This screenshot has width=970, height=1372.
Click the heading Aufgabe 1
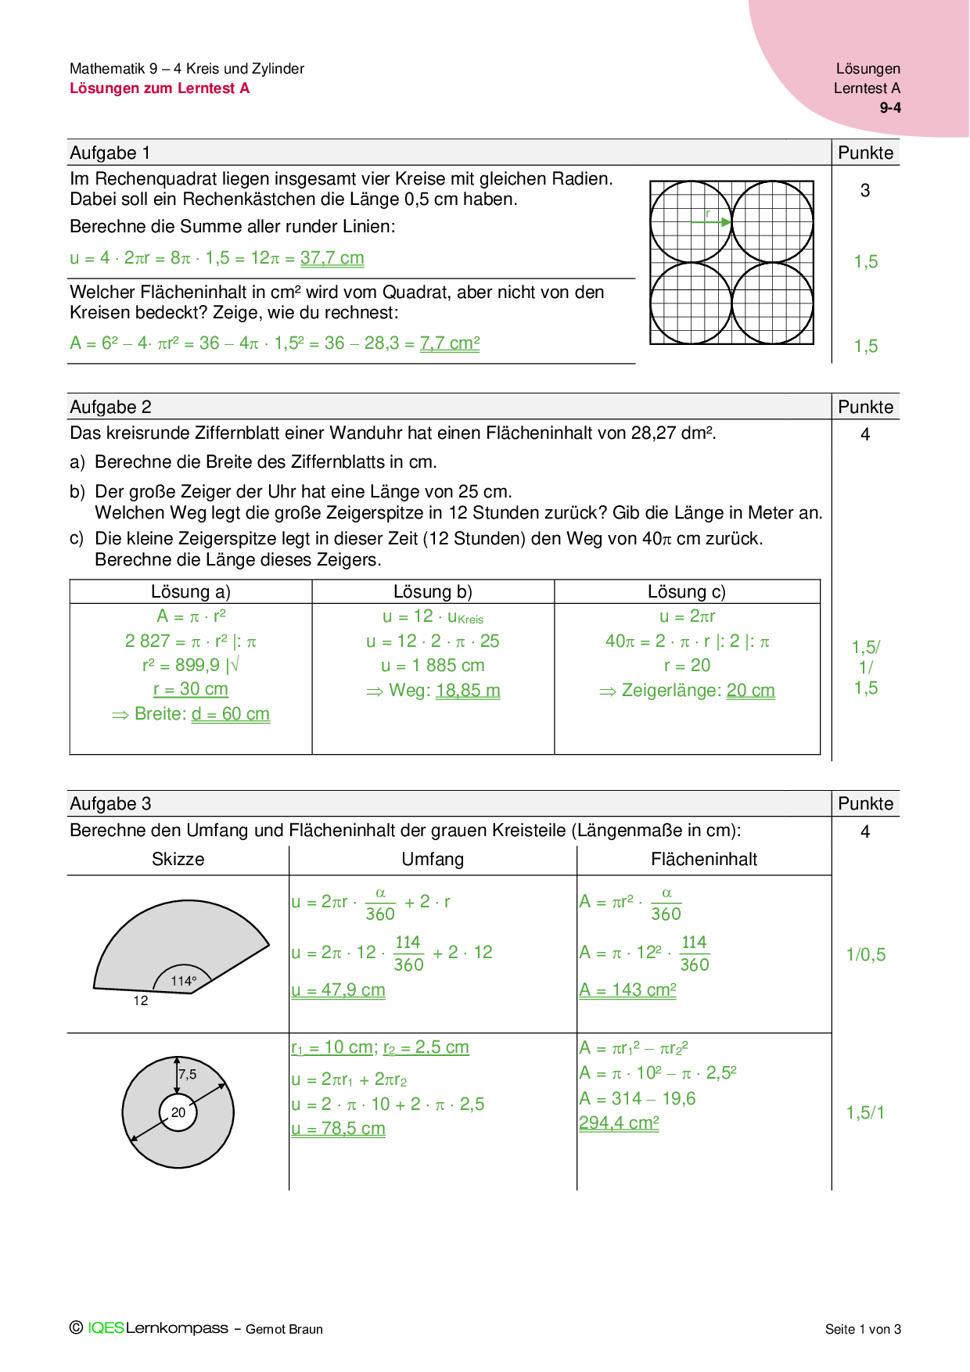(x=110, y=153)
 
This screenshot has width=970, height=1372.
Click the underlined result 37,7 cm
(x=332, y=258)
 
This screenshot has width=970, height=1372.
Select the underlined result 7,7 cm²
(x=450, y=343)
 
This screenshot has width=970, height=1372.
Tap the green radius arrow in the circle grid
(x=710, y=222)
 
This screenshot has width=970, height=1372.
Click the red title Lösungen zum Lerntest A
(x=160, y=88)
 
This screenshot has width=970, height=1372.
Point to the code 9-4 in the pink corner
(x=890, y=108)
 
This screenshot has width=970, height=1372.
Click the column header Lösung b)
(x=433, y=592)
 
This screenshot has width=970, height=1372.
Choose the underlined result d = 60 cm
(x=231, y=714)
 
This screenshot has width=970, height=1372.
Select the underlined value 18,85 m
(x=468, y=691)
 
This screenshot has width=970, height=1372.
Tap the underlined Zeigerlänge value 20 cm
(x=751, y=691)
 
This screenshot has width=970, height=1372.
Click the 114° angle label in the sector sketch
(x=184, y=981)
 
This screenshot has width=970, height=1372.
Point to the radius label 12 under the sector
(x=141, y=1001)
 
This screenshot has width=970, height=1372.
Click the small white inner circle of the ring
(x=178, y=1112)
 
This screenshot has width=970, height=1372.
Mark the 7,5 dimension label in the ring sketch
(x=188, y=1075)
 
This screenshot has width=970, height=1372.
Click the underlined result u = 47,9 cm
(x=338, y=990)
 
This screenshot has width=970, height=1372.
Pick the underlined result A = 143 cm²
(x=627, y=990)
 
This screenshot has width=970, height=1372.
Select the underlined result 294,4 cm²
(x=619, y=1123)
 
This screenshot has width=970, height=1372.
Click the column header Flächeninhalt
(x=704, y=860)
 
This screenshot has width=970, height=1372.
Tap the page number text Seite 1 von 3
(x=863, y=1329)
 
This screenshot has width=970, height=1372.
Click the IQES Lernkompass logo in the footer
(x=150, y=1328)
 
